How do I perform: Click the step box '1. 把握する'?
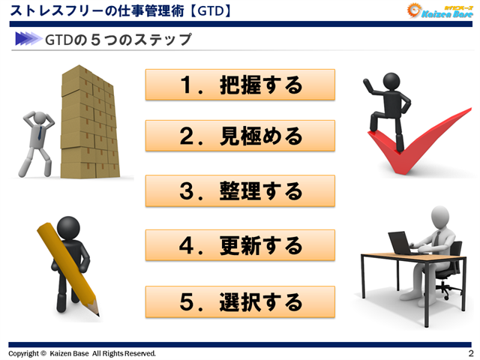(x=240, y=85)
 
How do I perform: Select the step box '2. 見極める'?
(x=240, y=136)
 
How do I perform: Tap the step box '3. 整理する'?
(x=240, y=190)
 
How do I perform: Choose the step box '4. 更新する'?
(x=240, y=245)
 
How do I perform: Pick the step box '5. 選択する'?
(x=240, y=301)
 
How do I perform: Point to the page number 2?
(x=470, y=353)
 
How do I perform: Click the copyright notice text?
(x=82, y=353)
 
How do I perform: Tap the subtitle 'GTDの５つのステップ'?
(x=118, y=39)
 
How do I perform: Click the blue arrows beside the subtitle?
(x=27, y=39)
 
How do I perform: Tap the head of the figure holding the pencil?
(x=68, y=225)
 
